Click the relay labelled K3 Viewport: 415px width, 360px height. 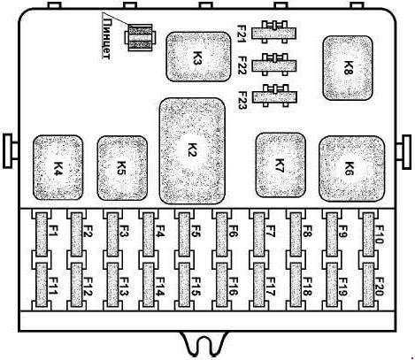[198, 57]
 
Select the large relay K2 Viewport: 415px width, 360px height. [192, 151]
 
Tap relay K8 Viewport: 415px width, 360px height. [348, 68]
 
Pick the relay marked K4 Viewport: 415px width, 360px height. [58, 167]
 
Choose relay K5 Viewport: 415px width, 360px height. [122, 168]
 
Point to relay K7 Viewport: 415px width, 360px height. [281, 165]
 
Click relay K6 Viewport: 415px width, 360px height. [352, 169]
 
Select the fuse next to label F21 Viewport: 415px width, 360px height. [274, 32]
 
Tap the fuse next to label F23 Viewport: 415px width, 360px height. [274, 96]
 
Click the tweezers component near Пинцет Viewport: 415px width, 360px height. [139, 37]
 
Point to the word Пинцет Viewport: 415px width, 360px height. [106, 39]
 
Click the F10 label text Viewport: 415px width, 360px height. [379, 234]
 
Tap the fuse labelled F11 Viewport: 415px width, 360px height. [42, 285]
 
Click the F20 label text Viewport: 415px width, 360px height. [379, 287]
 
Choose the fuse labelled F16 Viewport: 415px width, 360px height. [221, 285]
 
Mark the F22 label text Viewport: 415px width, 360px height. [242, 65]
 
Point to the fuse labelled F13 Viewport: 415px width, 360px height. [113, 285]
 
